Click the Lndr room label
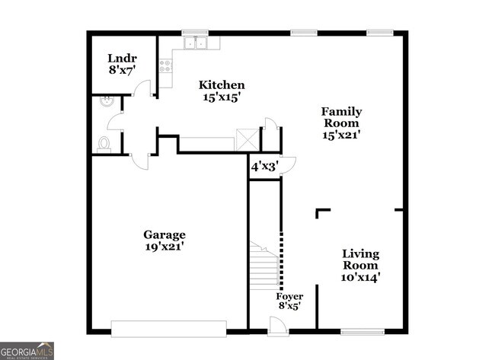(x=122, y=63)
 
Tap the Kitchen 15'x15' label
(x=222, y=91)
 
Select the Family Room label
(x=341, y=123)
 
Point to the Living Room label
(x=360, y=265)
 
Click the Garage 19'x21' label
(x=164, y=241)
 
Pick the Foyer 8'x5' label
(x=289, y=301)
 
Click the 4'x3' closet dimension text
(x=264, y=165)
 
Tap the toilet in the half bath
(x=104, y=143)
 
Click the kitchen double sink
(x=196, y=43)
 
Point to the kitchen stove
(x=164, y=66)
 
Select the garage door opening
(x=169, y=328)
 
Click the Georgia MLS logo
(x=27, y=350)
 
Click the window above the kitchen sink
(x=195, y=32)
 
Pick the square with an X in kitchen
(x=246, y=139)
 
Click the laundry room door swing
(x=142, y=90)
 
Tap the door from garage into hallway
(x=140, y=160)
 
